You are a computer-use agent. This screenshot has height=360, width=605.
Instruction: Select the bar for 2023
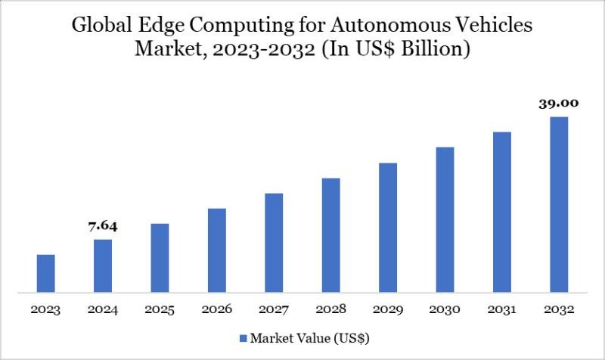coord(45,273)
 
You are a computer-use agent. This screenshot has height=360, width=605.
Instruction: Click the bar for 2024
coord(103,265)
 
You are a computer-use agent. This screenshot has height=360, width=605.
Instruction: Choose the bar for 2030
coord(445,219)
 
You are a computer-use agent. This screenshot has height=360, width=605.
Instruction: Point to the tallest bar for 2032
coord(559,204)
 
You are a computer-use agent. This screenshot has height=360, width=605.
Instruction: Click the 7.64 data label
coord(103,226)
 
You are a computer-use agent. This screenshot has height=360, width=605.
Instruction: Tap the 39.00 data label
coord(559,104)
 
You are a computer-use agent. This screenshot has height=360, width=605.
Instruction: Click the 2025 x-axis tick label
coord(160,310)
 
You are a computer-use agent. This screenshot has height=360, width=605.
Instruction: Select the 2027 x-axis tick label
coord(274,310)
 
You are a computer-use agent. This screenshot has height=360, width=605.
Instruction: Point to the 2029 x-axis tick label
coord(388,310)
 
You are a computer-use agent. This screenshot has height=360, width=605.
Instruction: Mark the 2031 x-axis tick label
coord(502,310)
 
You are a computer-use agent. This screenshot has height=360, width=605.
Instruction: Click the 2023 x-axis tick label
coord(45,310)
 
